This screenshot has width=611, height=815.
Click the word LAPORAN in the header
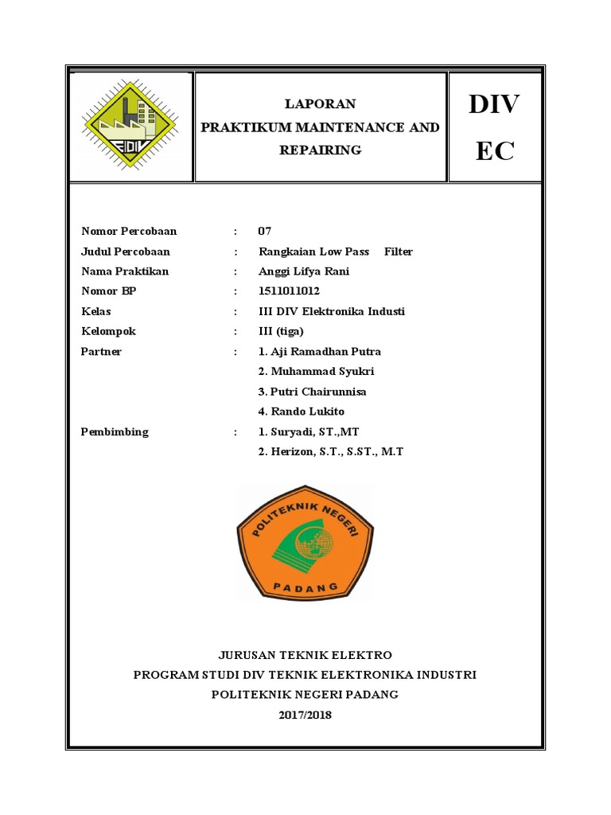pyautogui.click(x=321, y=104)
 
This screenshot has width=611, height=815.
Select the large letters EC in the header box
pyautogui.click(x=496, y=151)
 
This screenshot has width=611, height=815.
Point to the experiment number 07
pyautogui.click(x=265, y=232)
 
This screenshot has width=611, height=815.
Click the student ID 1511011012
pyautogui.click(x=289, y=291)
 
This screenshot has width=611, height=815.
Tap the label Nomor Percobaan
pyautogui.click(x=129, y=232)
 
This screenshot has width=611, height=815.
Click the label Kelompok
pyautogui.click(x=108, y=331)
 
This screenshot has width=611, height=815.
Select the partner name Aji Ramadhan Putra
pyautogui.click(x=320, y=352)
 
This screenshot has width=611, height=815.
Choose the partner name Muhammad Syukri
pyautogui.click(x=317, y=372)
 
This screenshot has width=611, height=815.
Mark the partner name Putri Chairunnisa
pyautogui.click(x=313, y=392)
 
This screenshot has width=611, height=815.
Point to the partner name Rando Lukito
pyautogui.click(x=302, y=411)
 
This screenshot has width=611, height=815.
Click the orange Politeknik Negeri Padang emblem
pyautogui.click(x=305, y=543)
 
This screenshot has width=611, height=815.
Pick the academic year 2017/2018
pyautogui.click(x=305, y=715)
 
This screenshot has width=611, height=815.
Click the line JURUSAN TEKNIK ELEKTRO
pyautogui.click(x=305, y=655)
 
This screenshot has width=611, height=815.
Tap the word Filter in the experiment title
pyautogui.click(x=399, y=252)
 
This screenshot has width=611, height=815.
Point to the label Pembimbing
pyautogui.click(x=115, y=432)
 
